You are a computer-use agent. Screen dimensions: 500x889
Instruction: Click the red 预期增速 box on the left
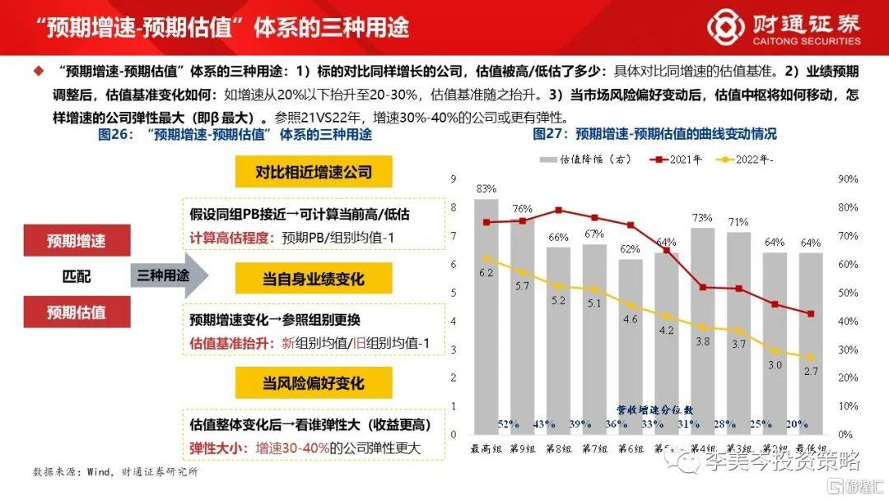coord(76,241)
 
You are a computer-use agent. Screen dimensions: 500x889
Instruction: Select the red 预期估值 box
coord(76,312)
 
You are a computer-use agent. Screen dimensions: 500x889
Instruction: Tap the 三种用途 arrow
coord(163,275)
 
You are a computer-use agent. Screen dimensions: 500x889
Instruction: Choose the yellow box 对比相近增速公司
coord(313,172)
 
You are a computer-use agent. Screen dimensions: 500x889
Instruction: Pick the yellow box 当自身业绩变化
coord(313,279)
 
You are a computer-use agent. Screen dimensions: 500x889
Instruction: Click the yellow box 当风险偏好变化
coord(313,383)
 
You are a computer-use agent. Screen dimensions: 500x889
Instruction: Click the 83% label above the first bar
coord(486,188)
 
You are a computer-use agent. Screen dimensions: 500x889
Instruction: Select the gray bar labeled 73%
coord(701,329)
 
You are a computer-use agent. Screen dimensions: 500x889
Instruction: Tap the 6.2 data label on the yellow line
coord(486,272)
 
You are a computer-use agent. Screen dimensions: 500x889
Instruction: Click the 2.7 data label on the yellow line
coord(811,373)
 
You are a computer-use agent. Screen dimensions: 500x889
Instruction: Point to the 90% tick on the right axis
coord(847,178)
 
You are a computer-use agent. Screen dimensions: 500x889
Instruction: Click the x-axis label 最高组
coord(486,448)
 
